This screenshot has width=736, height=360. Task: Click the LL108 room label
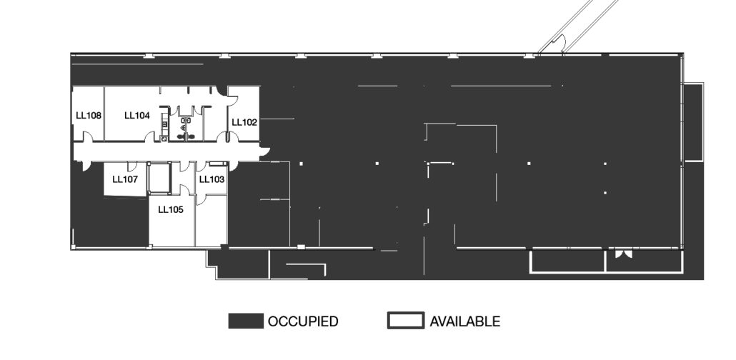click(89, 116)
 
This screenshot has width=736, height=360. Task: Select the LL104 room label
click(137, 116)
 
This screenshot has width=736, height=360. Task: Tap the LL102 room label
click(244, 123)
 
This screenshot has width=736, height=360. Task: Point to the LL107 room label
click(125, 179)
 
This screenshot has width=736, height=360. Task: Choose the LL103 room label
click(212, 179)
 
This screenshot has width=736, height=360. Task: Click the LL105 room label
click(170, 210)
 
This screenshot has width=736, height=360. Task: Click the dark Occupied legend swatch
click(246, 321)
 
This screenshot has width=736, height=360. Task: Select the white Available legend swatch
click(406, 321)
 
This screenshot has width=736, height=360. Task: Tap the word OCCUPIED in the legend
click(303, 321)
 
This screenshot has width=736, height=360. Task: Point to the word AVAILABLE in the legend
click(465, 321)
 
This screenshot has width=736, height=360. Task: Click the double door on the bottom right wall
click(624, 254)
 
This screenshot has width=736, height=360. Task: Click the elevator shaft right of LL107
click(159, 178)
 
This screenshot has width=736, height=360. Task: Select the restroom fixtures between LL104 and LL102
click(186, 129)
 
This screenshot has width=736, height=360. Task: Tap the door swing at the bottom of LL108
click(87, 136)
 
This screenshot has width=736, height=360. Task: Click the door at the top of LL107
click(132, 166)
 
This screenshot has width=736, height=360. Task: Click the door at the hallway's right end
click(264, 153)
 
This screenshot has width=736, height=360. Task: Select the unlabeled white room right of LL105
click(212, 221)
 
